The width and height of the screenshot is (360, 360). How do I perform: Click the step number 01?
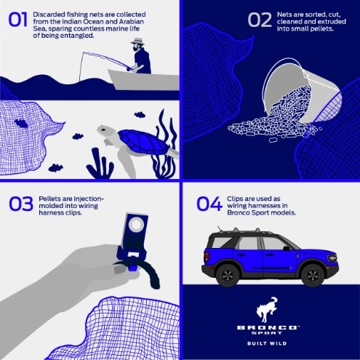tap(17, 20)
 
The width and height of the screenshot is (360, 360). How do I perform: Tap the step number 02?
tap(260, 20)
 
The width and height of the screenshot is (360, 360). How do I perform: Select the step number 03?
tap(21, 204)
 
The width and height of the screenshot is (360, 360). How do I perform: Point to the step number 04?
tap(209, 204)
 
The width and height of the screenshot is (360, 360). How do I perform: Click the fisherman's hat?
tap(137, 41)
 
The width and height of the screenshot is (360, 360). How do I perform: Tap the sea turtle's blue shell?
tap(143, 142)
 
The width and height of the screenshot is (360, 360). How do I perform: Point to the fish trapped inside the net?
tap(21, 123)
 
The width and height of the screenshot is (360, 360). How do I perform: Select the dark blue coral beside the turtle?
tap(100, 164)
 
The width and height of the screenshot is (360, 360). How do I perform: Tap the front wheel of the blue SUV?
tap(313, 276)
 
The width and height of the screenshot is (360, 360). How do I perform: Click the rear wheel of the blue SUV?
tap(228, 276)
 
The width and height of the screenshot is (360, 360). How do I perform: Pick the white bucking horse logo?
tap(267, 310)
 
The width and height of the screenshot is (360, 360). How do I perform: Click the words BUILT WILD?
tap(267, 343)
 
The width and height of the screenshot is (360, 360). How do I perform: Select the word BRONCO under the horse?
tap(268, 328)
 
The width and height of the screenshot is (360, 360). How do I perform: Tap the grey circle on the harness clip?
tap(136, 224)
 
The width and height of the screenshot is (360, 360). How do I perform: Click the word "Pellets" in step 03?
tap(49, 199)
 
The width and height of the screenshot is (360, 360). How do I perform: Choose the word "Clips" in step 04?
tap(235, 199)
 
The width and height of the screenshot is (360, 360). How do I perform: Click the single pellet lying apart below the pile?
tap(273, 140)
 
